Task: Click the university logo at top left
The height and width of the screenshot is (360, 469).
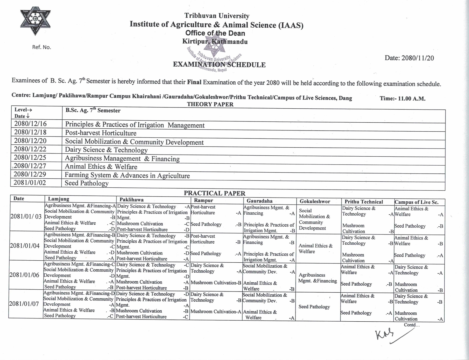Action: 35,20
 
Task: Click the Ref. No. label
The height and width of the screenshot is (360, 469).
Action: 42,47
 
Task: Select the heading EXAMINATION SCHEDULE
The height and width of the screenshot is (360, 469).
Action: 219,65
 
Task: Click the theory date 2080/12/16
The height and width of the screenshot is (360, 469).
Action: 30,124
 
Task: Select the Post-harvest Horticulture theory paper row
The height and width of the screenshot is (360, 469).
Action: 101,133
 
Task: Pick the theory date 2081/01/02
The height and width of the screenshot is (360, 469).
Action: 30,183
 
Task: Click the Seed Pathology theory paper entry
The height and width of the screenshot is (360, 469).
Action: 86,183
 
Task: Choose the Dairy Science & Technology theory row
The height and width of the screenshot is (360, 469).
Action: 106,150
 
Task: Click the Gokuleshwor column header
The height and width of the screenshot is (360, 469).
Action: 315,201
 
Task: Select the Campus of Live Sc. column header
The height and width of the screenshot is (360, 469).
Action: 416,202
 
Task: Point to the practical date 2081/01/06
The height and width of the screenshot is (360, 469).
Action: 24,275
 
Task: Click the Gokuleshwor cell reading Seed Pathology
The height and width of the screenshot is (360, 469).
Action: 314,307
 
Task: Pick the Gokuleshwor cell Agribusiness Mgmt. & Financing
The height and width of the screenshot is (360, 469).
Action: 318,278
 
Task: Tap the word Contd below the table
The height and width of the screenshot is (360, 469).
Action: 412,325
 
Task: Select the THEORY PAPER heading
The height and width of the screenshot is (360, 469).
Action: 210,104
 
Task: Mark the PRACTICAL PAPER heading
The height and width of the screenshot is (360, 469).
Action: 214,193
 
